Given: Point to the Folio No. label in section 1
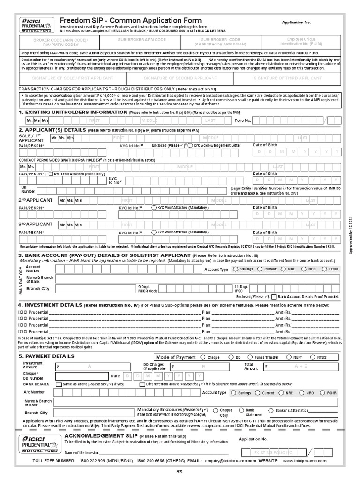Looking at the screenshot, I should [x=243, y=120].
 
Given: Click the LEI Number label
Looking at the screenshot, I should [x=28, y=189].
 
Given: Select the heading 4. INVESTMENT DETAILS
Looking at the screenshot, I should [x=50, y=305].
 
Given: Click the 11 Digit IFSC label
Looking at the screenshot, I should [x=242, y=288].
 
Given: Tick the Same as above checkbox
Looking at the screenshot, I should [x=58, y=384].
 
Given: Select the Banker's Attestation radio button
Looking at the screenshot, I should [x=271, y=410].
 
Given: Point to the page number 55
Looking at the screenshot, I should [x=179, y=472].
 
